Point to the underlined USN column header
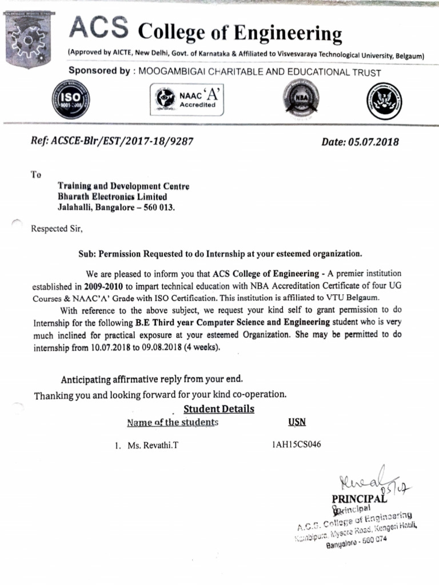(x=297, y=422)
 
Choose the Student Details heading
(x=218, y=409)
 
